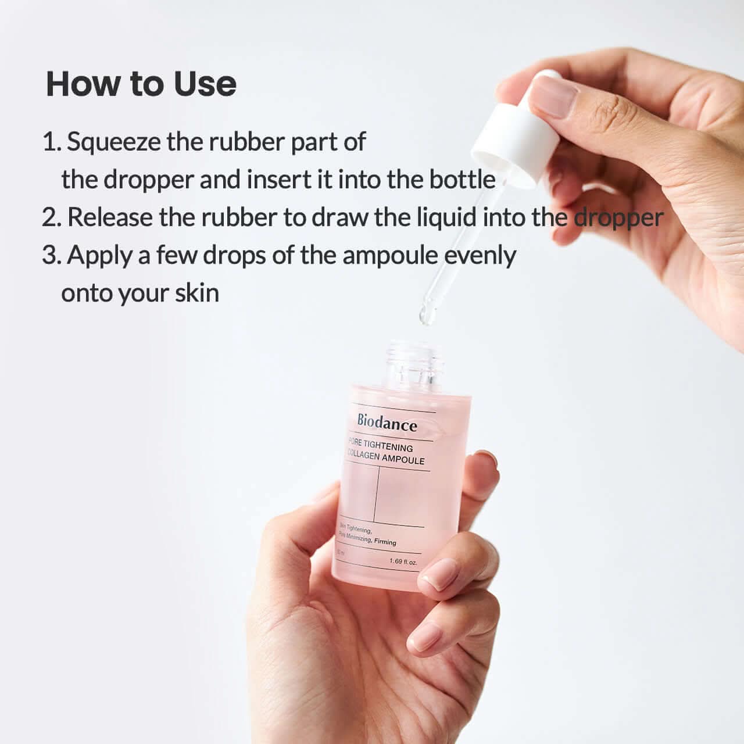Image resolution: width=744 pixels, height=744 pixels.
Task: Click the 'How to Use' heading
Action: point(141,84)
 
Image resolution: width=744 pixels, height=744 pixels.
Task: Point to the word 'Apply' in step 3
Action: point(99,256)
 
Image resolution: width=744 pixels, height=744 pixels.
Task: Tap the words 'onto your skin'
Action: point(140,293)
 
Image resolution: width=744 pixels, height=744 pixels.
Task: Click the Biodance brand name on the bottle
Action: point(387,424)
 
